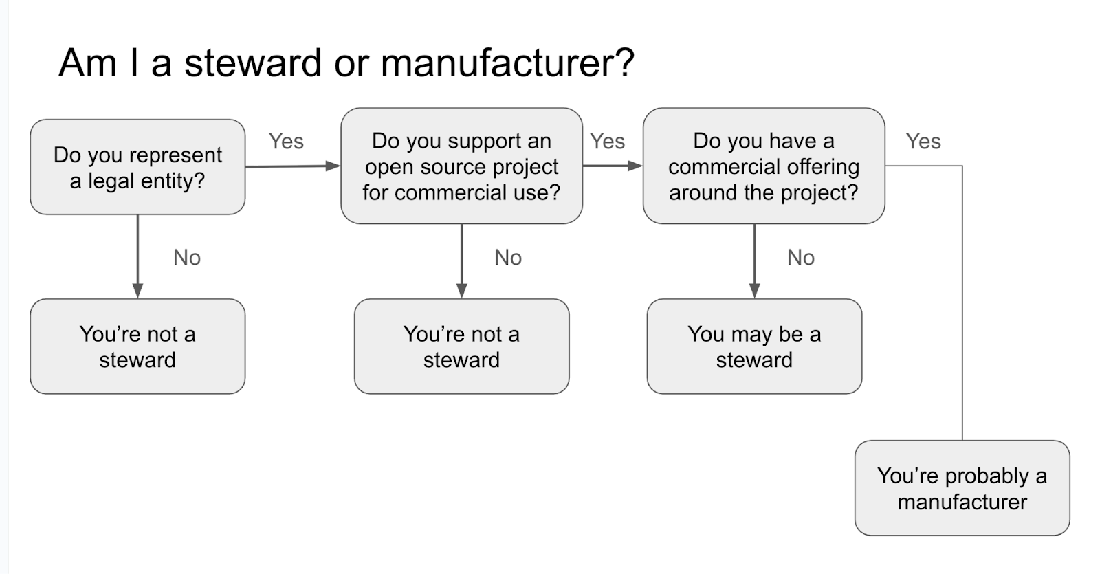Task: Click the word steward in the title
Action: point(253,63)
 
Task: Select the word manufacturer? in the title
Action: point(507,63)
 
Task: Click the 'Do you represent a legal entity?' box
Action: point(137,167)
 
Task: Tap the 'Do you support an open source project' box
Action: point(461,166)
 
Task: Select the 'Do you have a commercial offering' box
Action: point(763,166)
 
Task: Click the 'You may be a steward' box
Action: point(754,346)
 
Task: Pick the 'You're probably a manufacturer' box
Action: point(962,488)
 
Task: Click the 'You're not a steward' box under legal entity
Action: point(137,346)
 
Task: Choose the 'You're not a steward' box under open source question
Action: point(461,346)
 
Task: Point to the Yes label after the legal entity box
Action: point(286,141)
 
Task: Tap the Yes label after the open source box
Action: point(607,141)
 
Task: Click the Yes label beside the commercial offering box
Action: point(923,141)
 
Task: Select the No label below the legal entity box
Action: point(186,257)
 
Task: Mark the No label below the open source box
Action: point(508,257)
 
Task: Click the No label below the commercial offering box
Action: point(800,257)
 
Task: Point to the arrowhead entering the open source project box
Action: point(333,166)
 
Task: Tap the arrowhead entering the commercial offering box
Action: point(635,166)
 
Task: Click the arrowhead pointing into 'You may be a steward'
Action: point(754,291)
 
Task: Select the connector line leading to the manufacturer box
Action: point(962,302)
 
